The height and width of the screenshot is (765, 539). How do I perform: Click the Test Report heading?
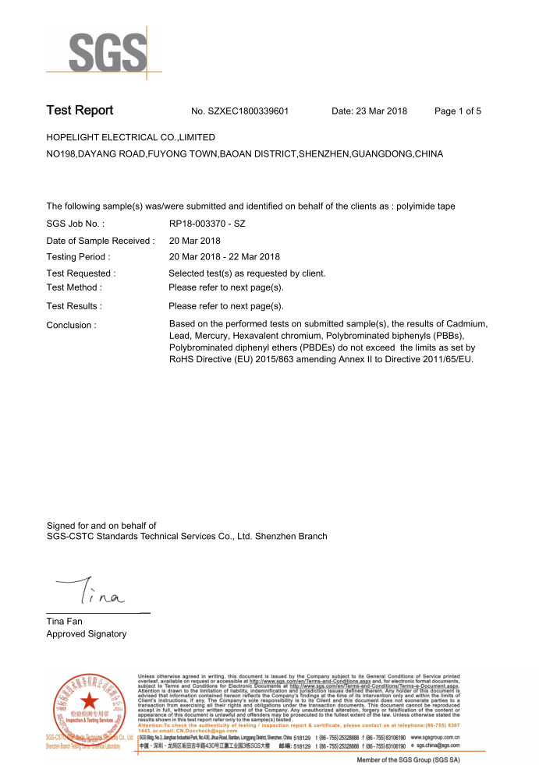(80, 111)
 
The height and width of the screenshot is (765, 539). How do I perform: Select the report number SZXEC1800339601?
(249, 111)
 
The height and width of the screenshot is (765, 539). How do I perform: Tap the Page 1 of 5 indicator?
(457, 111)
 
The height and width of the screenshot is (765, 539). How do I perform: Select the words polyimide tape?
(426, 206)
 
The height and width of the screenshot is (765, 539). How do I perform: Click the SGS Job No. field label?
(76, 225)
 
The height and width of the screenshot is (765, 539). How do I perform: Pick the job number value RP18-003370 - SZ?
(207, 225)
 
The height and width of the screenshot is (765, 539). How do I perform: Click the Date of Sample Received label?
(101, 241)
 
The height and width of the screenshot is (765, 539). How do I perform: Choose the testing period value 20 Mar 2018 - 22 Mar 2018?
(224, 256)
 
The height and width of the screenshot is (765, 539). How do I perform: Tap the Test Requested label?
(81, 273)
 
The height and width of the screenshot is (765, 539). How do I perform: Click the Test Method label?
(74, 287)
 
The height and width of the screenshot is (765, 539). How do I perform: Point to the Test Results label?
(74, 306)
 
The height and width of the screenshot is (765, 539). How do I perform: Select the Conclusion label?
(72, 325)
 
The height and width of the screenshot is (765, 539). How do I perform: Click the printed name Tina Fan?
(65, 622)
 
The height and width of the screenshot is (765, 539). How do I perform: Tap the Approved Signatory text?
(87, 634)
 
